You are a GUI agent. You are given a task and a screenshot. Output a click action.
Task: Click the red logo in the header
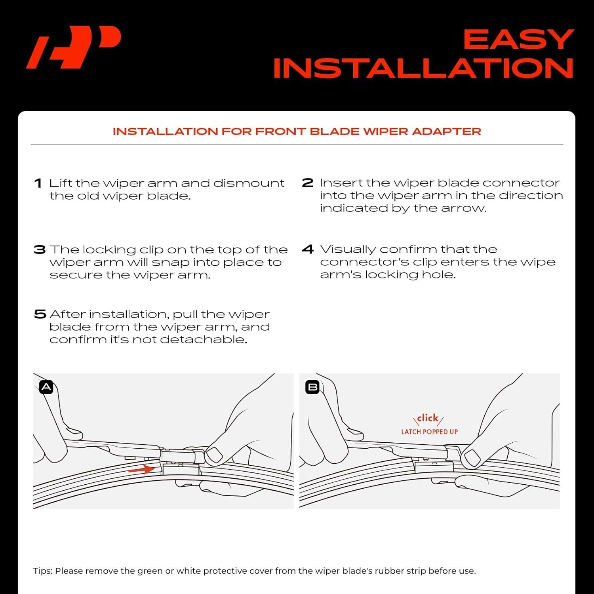(73, 47)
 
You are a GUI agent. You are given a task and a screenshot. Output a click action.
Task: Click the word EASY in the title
(518, 40)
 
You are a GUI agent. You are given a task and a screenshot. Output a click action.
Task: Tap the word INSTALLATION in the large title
(423, 68)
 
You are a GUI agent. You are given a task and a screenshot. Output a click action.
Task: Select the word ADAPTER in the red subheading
(446, 131)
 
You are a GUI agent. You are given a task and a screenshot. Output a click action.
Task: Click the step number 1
(38, 183)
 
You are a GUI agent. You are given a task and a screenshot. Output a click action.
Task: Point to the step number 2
(307, 183)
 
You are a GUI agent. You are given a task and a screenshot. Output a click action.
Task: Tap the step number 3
(40, 249)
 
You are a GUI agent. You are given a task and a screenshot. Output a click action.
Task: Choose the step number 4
(308, 249)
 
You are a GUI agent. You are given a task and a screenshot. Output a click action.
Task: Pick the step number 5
(40, 314)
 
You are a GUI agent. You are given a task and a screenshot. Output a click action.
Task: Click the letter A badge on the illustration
(46, 387)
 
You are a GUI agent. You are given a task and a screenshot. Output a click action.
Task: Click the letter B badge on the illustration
(312, 387)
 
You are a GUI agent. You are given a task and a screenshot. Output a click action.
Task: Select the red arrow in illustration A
(141, 470)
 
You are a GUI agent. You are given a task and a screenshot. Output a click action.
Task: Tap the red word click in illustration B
(428, 418)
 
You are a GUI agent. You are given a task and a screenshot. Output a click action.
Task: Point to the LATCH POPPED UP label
(429, 432)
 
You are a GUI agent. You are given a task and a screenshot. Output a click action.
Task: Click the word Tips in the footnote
(42, 571)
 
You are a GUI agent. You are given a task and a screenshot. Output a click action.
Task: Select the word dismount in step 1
(249, 183)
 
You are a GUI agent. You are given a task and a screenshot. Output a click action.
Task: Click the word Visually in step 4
(348, 249)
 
